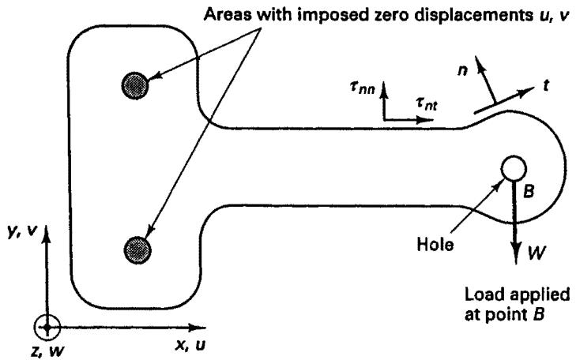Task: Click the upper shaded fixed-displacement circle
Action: pyautogui.click(x=135, y=85)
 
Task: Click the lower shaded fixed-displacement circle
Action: pyautogui.click(x=137, y=250)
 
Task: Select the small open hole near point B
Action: pyautogui.click(x=514, y=169)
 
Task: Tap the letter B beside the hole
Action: pyautogui.click(x=528, y=191)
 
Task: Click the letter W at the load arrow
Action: pyautogui.click(x=536, y=253)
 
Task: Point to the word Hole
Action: pyautogui.click(x=435, y=244)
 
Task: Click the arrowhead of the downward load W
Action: pyautogui.click(x=517, y=253)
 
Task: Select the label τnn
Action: pyautogui.click(x=362, y=88)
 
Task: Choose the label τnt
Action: pyautogui.click(x=427, y=104)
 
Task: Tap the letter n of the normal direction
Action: pyautogui.click(x=462, y=69)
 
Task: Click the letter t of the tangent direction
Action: pyautogui.click(x=546, y=85)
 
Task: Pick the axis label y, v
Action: pyautogui.click(x=22, y=232)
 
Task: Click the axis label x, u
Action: pyautogui.click(x=190, y=345)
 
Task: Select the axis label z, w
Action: pyautogui.click(x=47, y=351)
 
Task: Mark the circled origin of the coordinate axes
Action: pyautogui.click(x=47, y=327)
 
